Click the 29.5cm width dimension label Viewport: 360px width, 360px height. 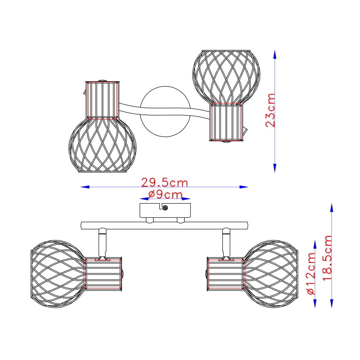[165, 182]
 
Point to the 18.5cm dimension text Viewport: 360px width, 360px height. [328, 258]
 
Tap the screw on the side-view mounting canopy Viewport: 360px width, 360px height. [165, 208]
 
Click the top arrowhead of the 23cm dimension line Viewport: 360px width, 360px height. [275, 54]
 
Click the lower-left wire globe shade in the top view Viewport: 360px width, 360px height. [102, 146]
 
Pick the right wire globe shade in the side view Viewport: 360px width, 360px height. [272, 273]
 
